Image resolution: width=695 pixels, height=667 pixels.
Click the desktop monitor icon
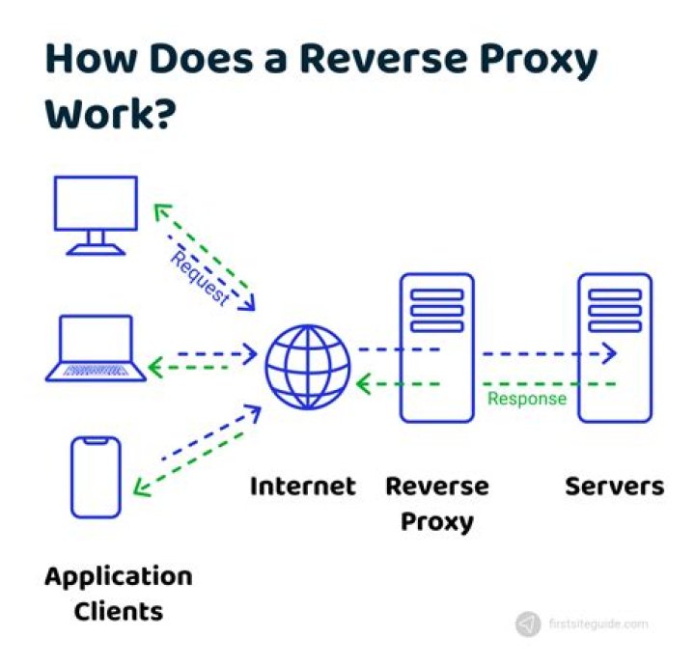click(95, 214)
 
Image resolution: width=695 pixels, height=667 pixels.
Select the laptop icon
click(96, 347)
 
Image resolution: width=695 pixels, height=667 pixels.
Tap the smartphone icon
click(96, 477)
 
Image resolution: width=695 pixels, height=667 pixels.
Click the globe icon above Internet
click(308, 367)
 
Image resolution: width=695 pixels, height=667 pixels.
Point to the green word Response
click(526, 399)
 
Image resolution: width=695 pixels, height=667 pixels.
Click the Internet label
click(302, 486)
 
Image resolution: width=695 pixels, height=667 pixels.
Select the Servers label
click(614, 486)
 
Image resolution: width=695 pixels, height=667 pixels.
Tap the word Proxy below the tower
click(436, 522)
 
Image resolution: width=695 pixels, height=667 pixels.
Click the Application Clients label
click(118, 594)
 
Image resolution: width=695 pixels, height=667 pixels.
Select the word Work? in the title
click(110, 114)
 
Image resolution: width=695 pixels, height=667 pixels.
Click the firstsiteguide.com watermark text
click(598, 625)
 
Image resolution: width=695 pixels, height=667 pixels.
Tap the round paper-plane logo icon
click(528, 625)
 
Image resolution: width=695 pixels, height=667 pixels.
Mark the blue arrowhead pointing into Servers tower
click(608, 353)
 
